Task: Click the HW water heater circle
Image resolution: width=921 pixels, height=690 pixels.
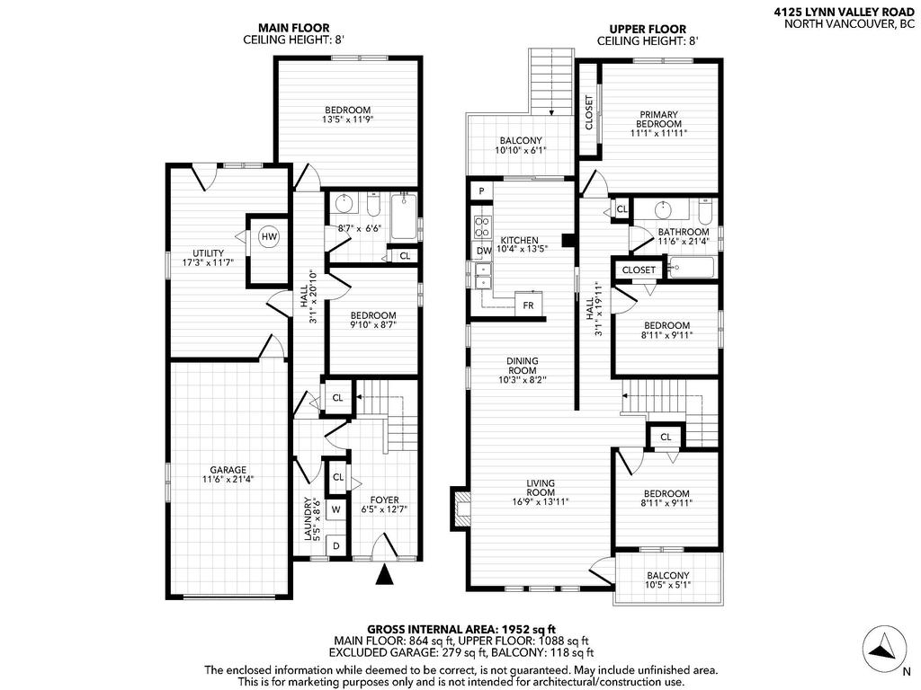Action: point(268,237)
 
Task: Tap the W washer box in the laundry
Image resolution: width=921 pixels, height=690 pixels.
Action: point(336,509)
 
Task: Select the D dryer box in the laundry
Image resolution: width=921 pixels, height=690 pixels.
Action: point(336,545)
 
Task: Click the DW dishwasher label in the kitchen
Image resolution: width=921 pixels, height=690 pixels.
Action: point(483,251)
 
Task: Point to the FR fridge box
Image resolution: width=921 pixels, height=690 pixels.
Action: point(529,305)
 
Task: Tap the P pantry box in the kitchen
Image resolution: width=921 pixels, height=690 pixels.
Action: point(482,191)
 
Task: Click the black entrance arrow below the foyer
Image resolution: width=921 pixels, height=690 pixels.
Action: point(385,575)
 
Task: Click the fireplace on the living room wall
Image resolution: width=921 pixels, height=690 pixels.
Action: point(461,508)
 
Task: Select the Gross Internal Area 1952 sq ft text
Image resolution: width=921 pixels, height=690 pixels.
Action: point(461,629)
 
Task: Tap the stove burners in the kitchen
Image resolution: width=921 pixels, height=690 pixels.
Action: point(482,226)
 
